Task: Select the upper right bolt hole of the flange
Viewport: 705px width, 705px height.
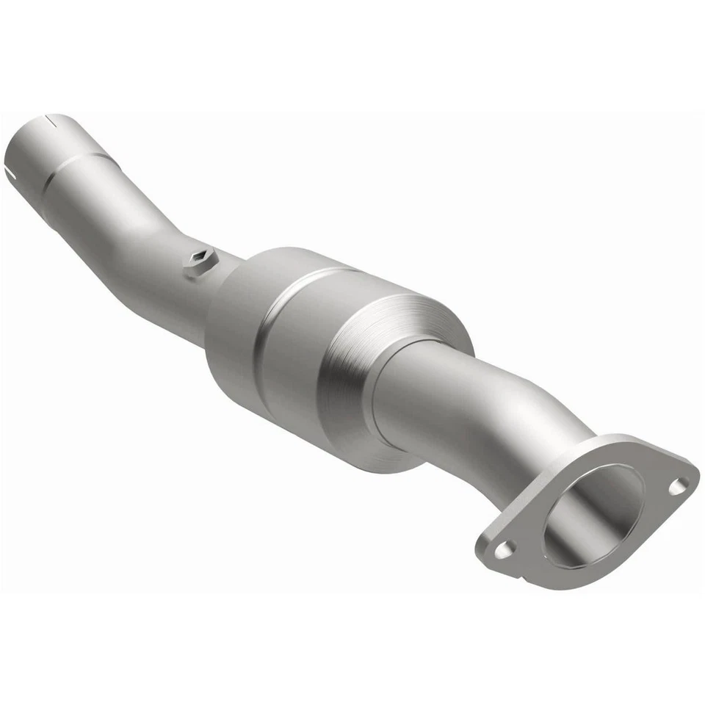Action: pos(679,485)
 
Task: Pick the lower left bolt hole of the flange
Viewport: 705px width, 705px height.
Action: pos(504,548)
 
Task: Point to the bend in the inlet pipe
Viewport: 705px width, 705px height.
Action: pos(140,220)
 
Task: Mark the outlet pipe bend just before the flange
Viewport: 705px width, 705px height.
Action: pos(543,426)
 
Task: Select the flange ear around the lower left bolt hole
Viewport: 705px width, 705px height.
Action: pos(499,551)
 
